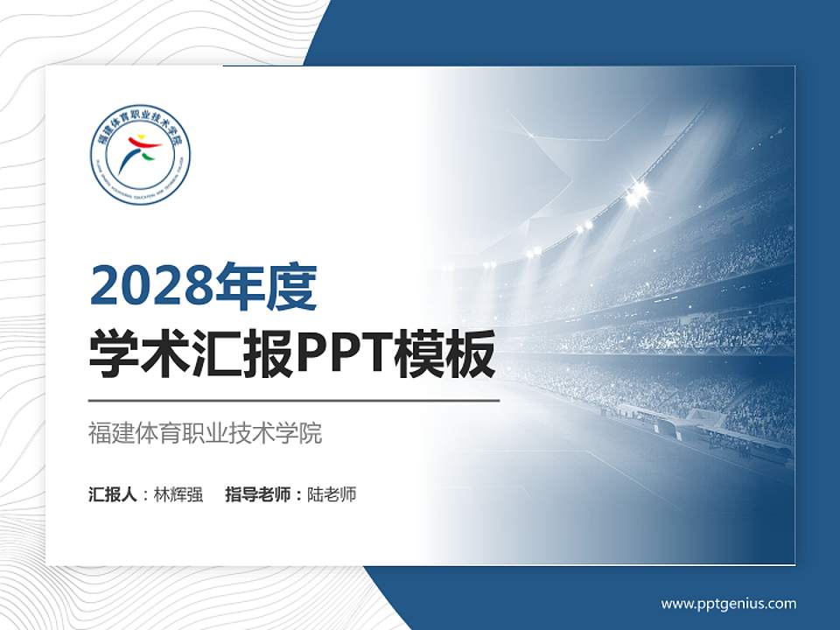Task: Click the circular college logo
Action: coord(140,158)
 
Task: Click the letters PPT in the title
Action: coord(342,355)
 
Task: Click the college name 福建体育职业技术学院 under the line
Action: coord(206,432)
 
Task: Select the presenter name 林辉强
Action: coord(178,494)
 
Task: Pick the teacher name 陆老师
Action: coord(332,494)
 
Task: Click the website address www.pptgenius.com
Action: coord(729,603)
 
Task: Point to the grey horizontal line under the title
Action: coord(294,401)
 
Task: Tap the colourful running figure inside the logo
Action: coord(140,154)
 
